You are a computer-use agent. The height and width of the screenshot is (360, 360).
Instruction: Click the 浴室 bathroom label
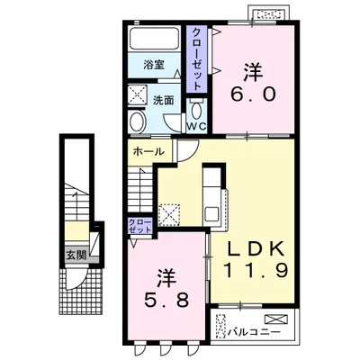154,65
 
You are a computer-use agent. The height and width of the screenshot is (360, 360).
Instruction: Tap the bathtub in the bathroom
154,39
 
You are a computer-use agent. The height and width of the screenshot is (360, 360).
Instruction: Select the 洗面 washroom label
164,101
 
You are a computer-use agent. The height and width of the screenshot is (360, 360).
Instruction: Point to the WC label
197,126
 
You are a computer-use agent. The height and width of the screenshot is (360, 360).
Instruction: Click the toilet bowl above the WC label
197,110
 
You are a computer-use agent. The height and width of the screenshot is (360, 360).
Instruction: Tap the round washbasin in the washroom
138,122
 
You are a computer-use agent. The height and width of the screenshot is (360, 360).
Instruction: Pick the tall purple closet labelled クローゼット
196,58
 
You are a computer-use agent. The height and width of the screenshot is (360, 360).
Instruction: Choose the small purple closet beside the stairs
140,226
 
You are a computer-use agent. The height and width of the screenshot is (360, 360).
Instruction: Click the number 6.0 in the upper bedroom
253,95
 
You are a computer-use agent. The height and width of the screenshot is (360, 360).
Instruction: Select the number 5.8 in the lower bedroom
166,300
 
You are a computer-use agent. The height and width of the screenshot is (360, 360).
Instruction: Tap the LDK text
252,248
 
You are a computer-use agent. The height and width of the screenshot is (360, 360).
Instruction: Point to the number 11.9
256,270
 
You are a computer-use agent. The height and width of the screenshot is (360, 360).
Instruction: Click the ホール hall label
148,152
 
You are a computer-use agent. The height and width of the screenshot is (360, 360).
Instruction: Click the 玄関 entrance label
76,256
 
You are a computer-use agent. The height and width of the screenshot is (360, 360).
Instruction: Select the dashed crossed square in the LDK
169,215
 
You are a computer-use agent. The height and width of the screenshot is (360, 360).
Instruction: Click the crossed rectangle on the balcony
275,319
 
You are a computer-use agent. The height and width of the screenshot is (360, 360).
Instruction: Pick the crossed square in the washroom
138,95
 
